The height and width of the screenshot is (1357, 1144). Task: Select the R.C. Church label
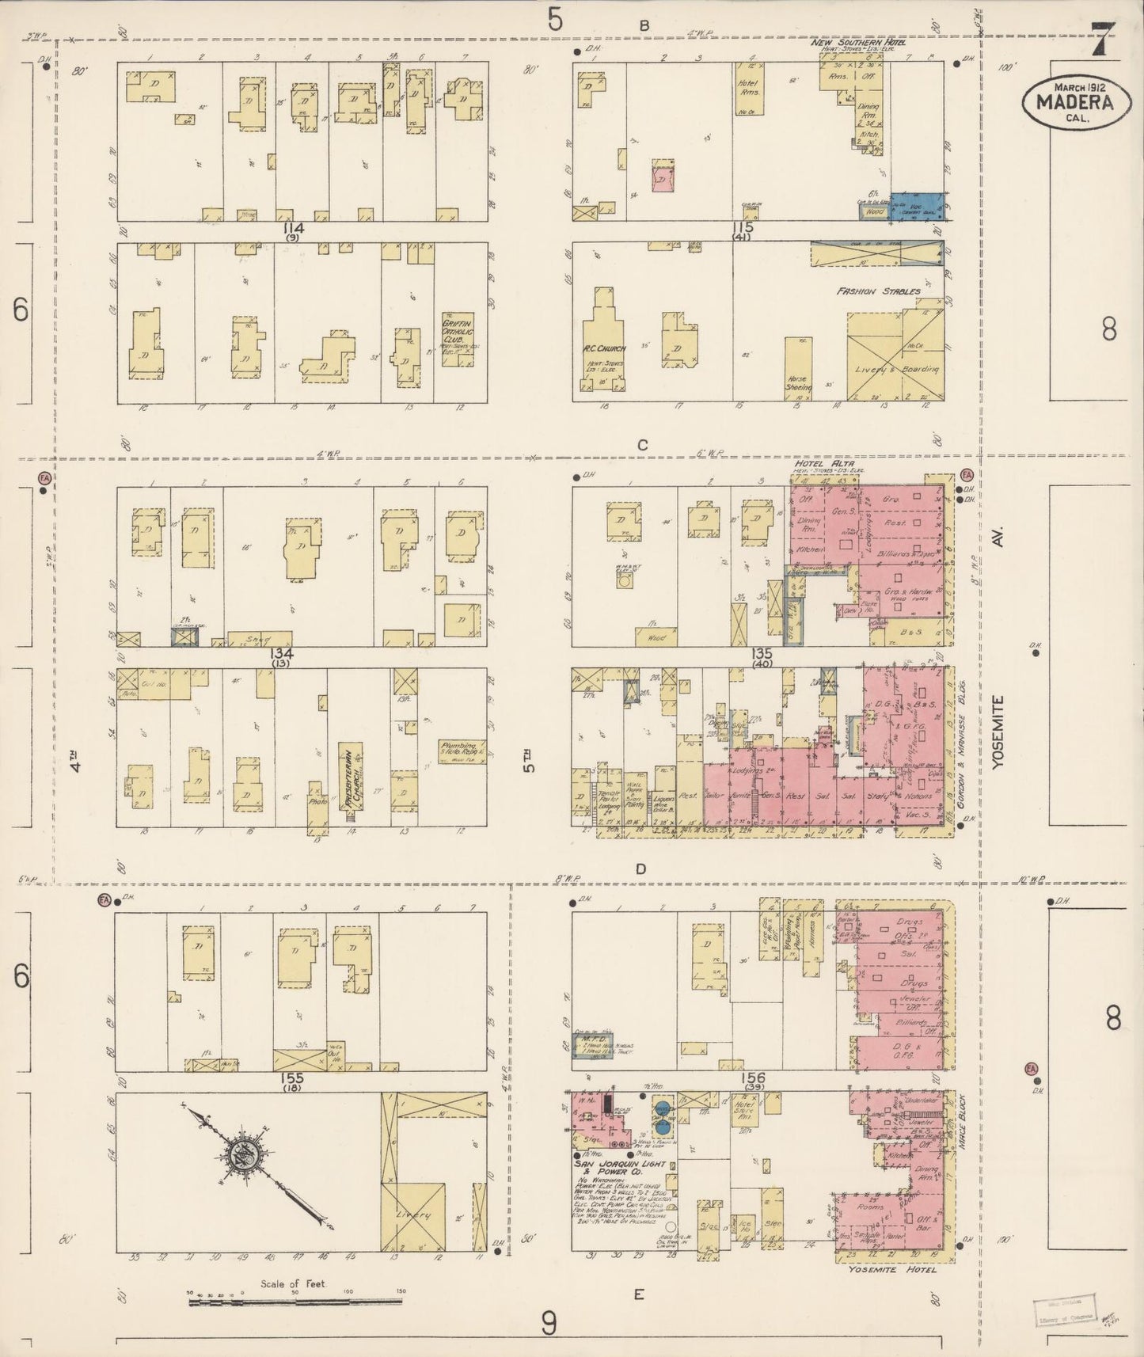pyautogui.click(x=606, y=348)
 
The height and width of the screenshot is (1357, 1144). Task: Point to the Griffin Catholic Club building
pyautogui.click(x=458, y=338)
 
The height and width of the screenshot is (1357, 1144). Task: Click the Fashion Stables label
pyautogui.click(x=879, y=291)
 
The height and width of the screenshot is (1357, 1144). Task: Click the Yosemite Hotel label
pyautogui.click(x=892, y=1269)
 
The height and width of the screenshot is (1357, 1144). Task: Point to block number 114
pyautogui.click(x=296, y=229)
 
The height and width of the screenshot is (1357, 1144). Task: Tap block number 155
pyautogui.click(x=292, y=1078)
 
